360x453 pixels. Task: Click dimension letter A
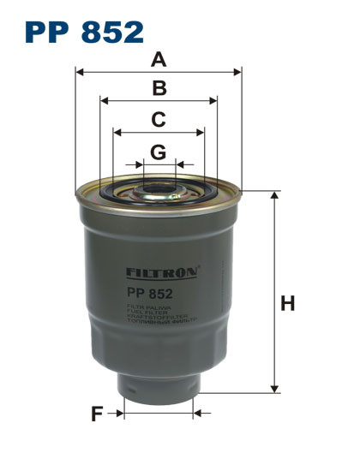tap(158, 59)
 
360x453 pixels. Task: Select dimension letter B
tap(159, 87)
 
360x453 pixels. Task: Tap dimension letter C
tap(158, 120)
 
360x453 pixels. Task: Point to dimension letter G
tap(158, 152)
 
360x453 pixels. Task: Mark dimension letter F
tap(97, 414)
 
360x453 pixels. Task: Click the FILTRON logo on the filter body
tap(162, 272)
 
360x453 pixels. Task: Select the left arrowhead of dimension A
tap(80, 74)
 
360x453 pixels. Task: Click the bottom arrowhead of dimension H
tap(276, 389)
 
